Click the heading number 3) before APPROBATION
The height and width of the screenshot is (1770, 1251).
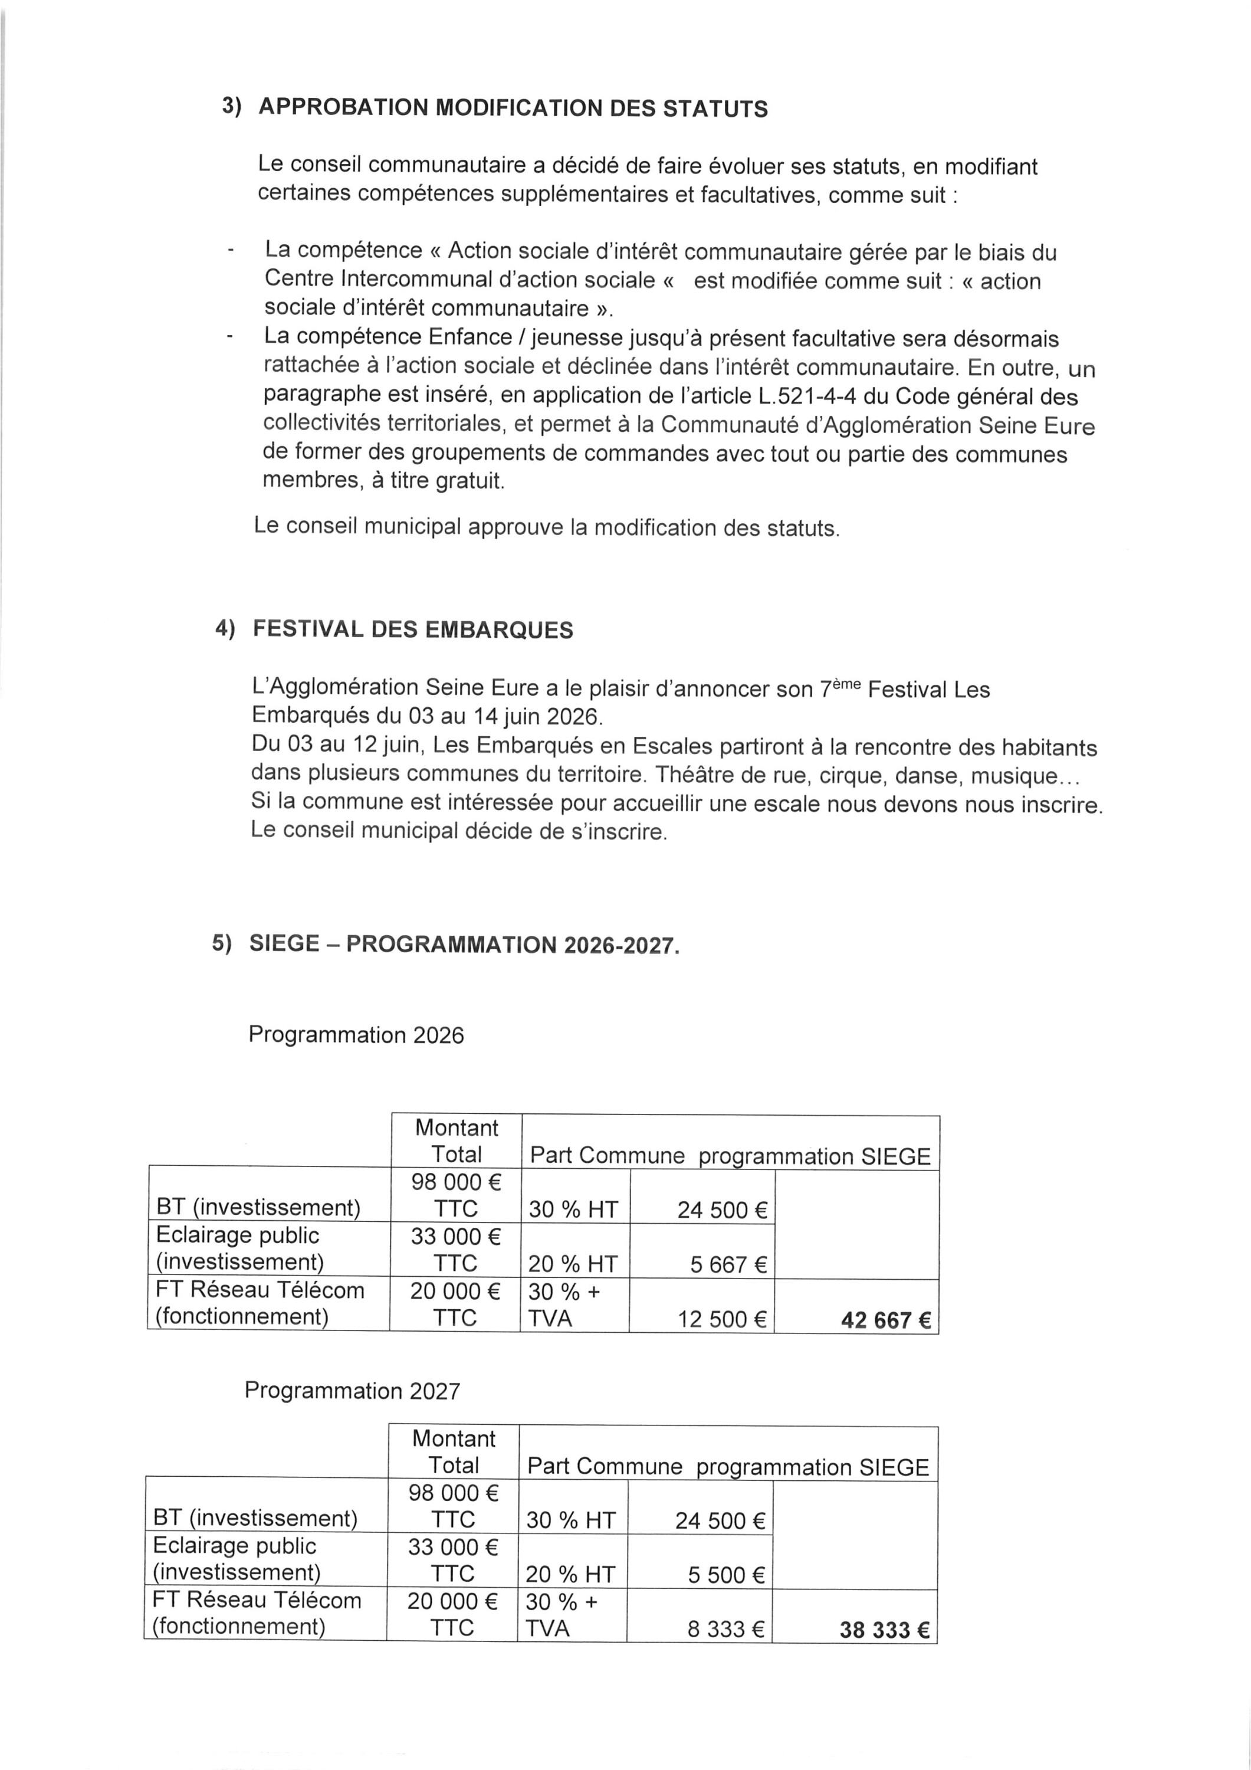coord(231,106)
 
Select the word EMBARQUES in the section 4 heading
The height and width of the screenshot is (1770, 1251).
coord(499,630)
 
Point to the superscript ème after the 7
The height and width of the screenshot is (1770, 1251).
coord(846,683)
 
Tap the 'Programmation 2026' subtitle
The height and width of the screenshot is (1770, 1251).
coord(356,1034)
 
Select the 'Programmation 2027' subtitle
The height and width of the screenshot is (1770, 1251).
coord(352,1391)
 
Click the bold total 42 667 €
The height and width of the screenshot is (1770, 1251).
coord(886,1320)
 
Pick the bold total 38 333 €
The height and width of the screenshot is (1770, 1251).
coord(884,1631)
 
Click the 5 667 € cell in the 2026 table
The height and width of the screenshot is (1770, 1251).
coord(728,1265)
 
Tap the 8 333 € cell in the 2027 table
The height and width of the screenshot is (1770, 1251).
coord(725,1629)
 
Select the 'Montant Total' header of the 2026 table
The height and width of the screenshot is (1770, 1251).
coord(457,1141)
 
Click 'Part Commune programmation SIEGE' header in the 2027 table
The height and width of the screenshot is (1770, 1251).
coord(728,1467)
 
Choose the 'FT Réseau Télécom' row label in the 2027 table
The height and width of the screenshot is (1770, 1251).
coord(257,1601)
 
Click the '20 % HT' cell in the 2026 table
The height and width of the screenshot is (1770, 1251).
coord(573,1264)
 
